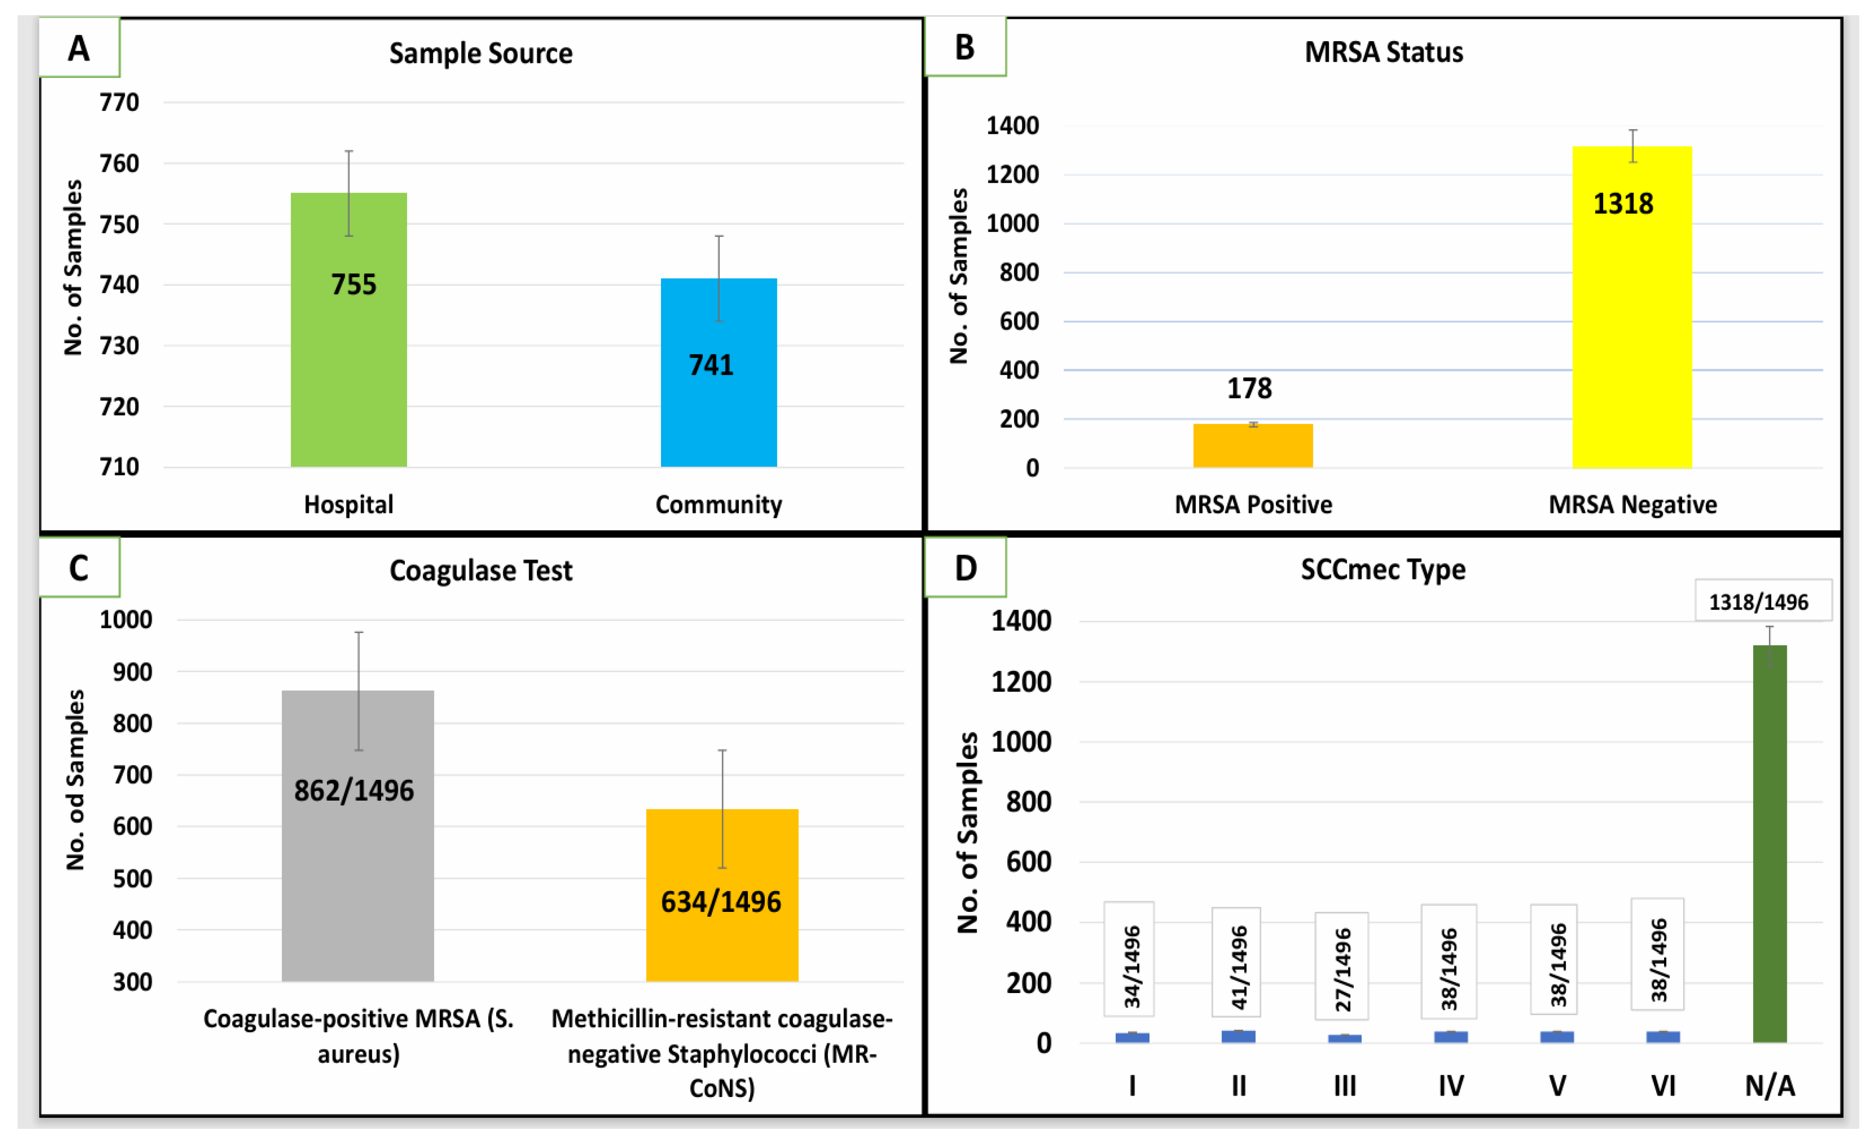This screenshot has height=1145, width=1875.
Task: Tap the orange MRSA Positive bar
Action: [x=1252, y=446]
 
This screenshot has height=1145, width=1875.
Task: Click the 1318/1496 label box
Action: [x=1759, y=602]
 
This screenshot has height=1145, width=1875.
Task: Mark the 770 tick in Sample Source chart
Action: [x=120, y=102]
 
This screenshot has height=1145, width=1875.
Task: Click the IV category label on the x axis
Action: [x=1450, y=1085]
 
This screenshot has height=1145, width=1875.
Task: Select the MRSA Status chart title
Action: [x=1383, y=52]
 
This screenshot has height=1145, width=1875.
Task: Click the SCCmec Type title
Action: [x=1382, y=569]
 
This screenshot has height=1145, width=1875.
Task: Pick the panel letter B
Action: [x=964, y=47]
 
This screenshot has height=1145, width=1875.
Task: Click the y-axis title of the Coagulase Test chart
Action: [x=75, y=780]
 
